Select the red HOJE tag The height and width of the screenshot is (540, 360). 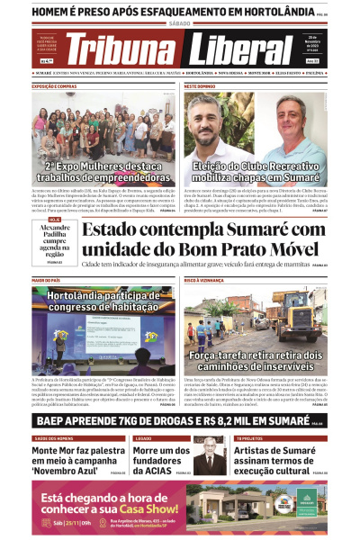(x=55, y=219)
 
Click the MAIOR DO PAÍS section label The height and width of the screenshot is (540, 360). (x=50, y=281)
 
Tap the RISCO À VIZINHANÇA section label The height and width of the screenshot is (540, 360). (x=206, y=281)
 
